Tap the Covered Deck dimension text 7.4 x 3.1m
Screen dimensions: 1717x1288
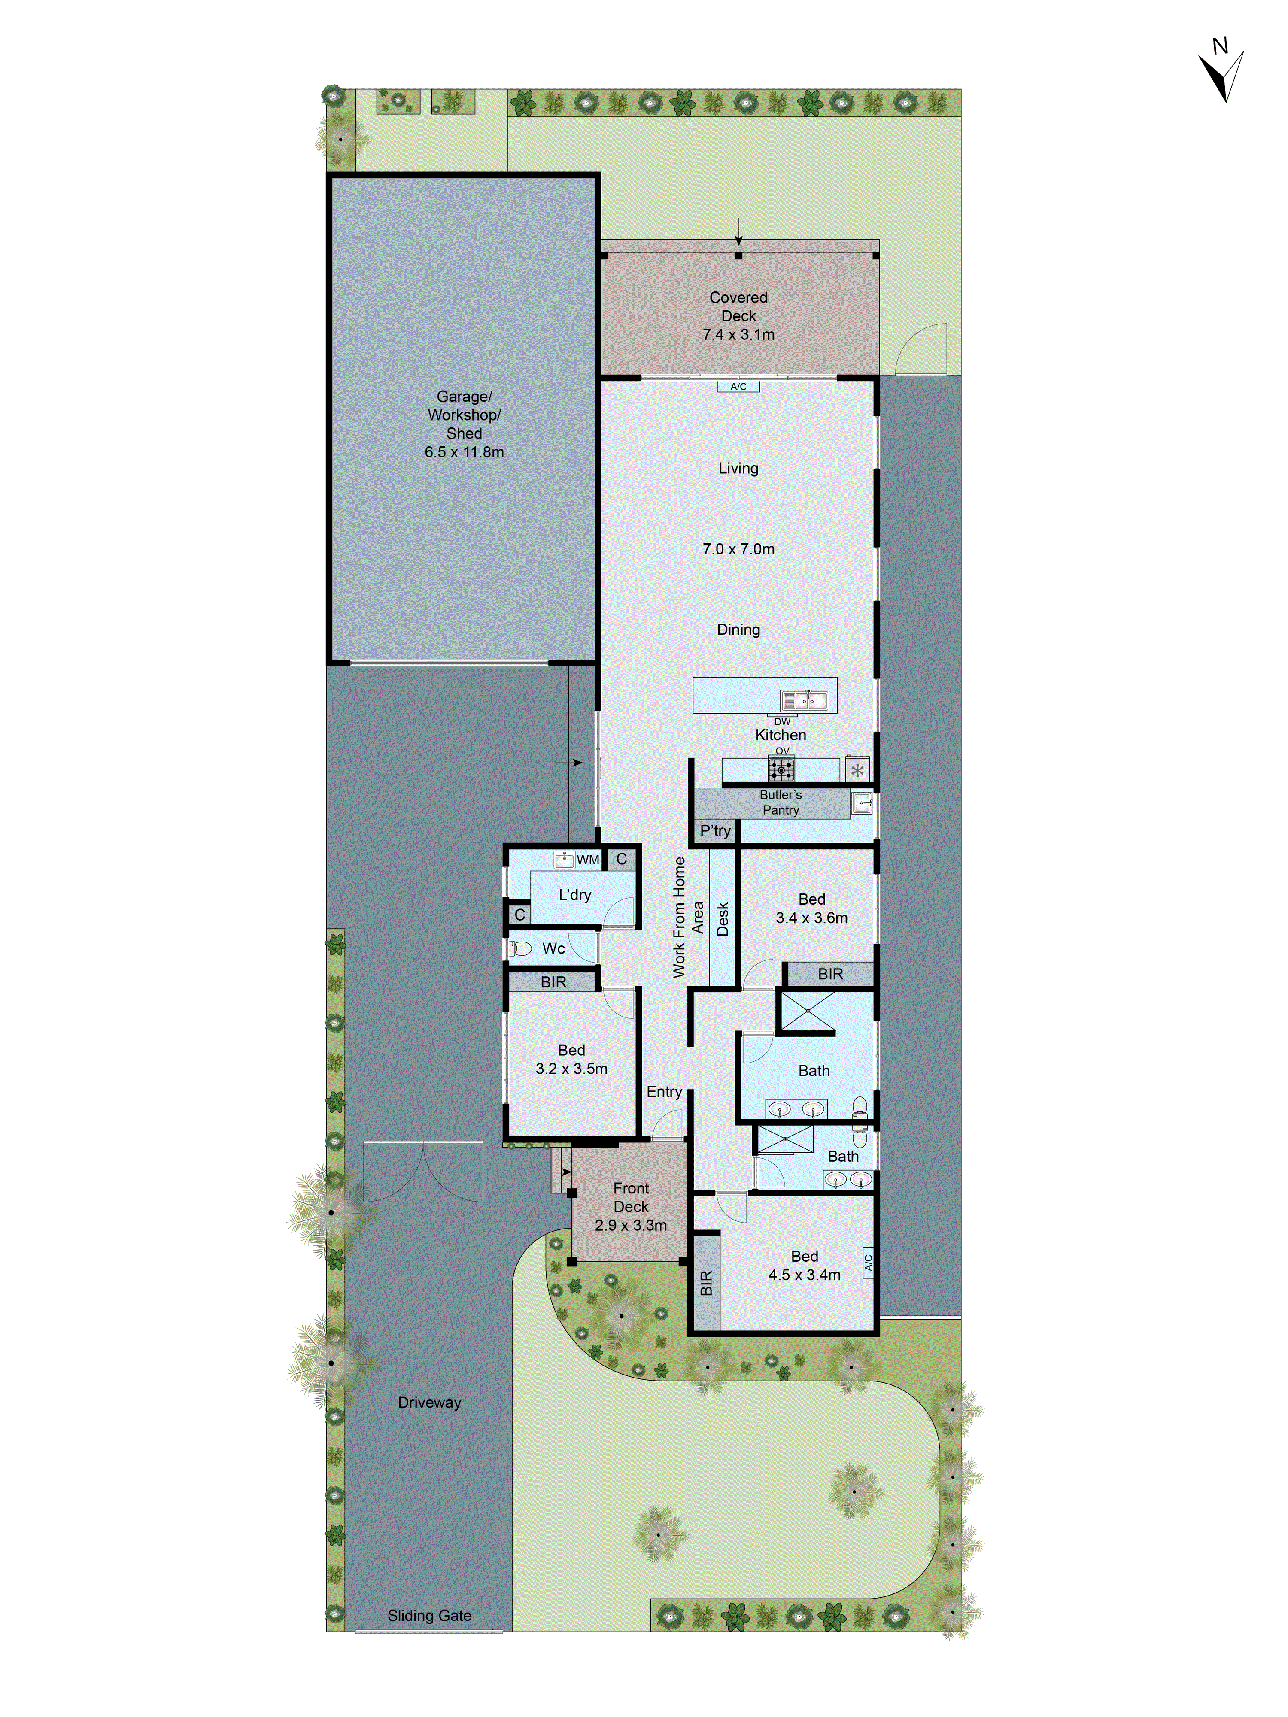(738, 335)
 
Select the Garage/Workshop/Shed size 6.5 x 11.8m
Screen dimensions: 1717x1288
(464, 452)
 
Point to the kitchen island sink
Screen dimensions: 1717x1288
(804, 701)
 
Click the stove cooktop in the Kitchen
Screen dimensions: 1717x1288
(781, 769)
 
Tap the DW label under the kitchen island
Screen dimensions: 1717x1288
(782, 721)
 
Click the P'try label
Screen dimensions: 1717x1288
(715, 830)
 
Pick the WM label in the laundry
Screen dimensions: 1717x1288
(588, 859)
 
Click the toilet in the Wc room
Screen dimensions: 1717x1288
(520, 948)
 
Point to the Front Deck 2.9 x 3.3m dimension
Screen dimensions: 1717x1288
(630, 1225)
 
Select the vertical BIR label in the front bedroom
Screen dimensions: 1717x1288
(706, 1283)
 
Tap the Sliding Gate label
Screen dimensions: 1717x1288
(429, 1615)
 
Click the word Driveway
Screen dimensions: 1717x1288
(429, 1402)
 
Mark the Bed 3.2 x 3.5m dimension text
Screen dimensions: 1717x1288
(571, 1068)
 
